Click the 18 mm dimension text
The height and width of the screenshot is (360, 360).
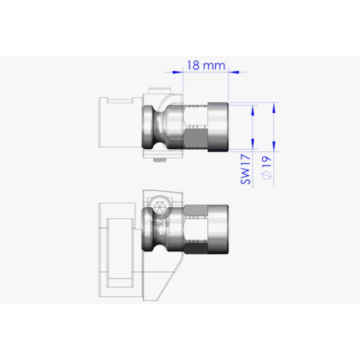pyautogui.click(x=206, y=65)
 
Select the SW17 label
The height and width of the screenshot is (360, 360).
pyautogui.click(x=245, y=170)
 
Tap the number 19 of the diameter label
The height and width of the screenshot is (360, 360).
pyautogui.click(x=267, y=162)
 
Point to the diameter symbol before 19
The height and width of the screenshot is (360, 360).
pyautogui.click(x=267, y=174)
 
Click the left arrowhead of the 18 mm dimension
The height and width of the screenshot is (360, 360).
pyautogui.click(x=178, y=72)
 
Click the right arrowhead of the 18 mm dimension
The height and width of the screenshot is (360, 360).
pyautogui.click(x=233, y=72)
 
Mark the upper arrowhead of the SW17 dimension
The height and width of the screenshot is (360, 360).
pyautogui.click(x=252, y=110)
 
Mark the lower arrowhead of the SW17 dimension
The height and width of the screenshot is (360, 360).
pyautogui.click(x=252, y=144)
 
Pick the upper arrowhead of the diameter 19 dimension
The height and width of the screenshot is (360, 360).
pyautogui.click(x=274, y=108)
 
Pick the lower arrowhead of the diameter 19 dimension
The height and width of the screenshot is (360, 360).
pyautogui.click(x=274, y=147)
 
